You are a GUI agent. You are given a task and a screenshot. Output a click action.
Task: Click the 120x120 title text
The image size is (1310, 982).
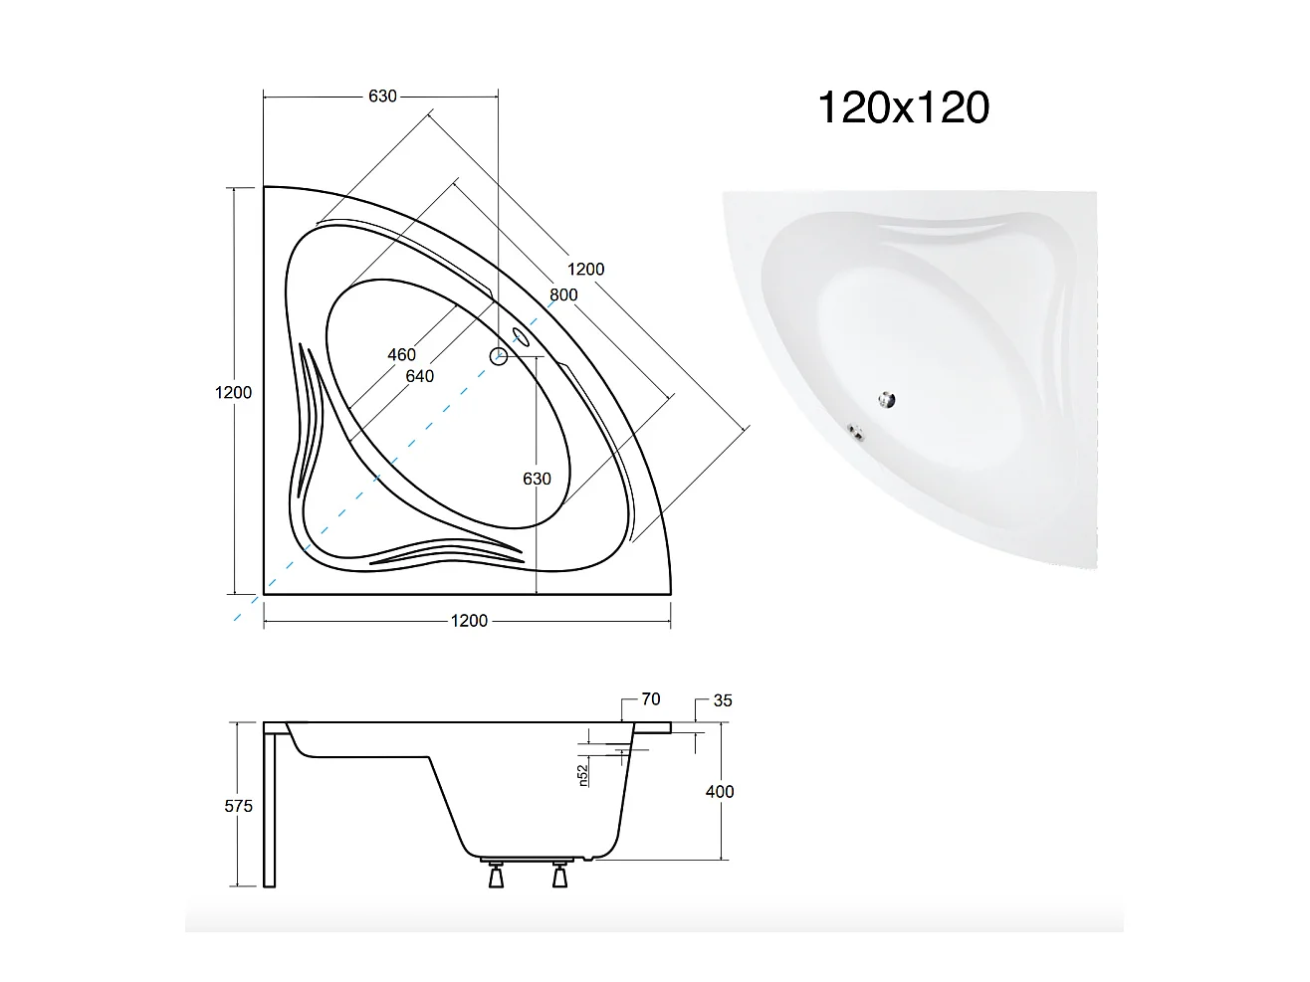903,107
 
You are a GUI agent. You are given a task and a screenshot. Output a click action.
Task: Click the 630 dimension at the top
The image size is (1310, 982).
382,97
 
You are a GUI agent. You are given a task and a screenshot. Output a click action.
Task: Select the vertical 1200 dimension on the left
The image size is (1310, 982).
233,392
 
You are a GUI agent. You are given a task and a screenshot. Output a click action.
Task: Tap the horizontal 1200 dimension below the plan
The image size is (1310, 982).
469,621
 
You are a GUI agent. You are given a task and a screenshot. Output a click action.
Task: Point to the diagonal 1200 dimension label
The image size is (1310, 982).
585,269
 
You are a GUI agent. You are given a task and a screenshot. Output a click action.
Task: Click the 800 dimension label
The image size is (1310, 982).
563,295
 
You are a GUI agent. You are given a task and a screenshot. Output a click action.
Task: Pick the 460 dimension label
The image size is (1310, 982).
401,355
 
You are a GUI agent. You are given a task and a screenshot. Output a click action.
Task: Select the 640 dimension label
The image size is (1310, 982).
419,376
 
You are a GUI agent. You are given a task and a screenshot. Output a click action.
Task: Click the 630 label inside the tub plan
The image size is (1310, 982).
537,479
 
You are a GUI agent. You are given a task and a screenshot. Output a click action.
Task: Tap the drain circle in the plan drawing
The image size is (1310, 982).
500,356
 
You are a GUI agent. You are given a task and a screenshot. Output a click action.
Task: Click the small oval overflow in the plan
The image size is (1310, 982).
523,335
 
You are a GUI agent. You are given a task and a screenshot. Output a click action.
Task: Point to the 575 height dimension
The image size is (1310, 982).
238,806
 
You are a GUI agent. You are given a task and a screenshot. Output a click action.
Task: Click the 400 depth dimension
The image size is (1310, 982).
719,792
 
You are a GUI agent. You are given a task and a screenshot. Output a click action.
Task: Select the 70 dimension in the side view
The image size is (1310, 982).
650,699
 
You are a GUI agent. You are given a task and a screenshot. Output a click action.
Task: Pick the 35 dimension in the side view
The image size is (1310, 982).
723,700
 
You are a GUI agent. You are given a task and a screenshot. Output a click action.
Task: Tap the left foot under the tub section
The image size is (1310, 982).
495,877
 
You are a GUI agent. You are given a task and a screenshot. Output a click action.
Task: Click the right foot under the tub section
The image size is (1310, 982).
559,877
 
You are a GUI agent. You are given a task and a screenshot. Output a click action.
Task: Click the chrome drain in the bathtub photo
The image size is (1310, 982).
886,400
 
